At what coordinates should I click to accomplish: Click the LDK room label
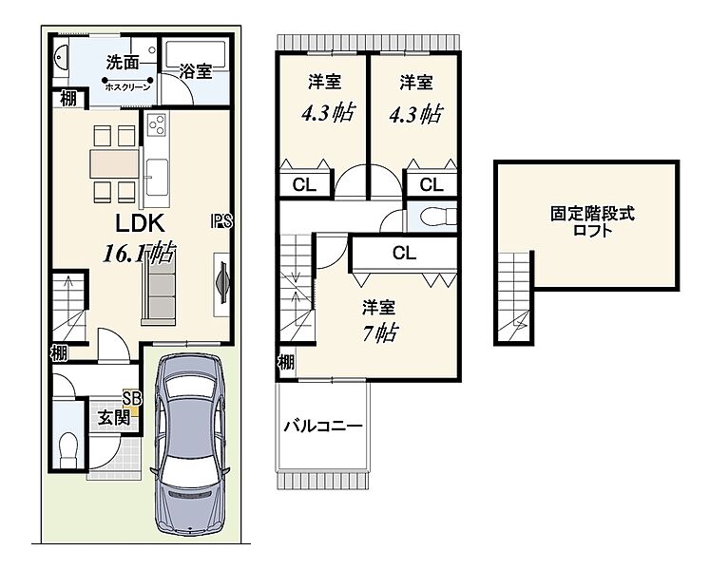tap(140, 223)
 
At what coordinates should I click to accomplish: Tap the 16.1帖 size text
tap(140, 253)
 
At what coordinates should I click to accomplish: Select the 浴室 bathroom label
tap(195, 70)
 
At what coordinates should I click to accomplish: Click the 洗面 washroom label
tap(123, 63)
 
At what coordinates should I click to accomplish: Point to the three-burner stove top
tap(157, 123)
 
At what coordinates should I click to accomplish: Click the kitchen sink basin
tap(157, 177)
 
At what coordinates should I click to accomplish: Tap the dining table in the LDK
tap(114, 164)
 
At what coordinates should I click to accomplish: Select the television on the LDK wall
tap(223, 283)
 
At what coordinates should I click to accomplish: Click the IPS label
tap(221, 221)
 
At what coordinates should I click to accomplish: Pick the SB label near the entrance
tap(132, 398)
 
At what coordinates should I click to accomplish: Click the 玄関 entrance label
tap(114, 417)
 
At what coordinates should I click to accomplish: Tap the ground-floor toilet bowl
tap(68, 448)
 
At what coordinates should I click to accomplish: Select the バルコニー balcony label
tap(323, 427)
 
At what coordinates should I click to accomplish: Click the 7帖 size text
tap(379, 333)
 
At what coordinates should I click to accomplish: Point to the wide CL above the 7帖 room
tap(404, 253)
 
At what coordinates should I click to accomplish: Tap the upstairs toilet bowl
tap(437, 217)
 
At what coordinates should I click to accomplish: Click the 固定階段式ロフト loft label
tap(592, 221)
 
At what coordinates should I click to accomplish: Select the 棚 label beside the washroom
tap(68, 98)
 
